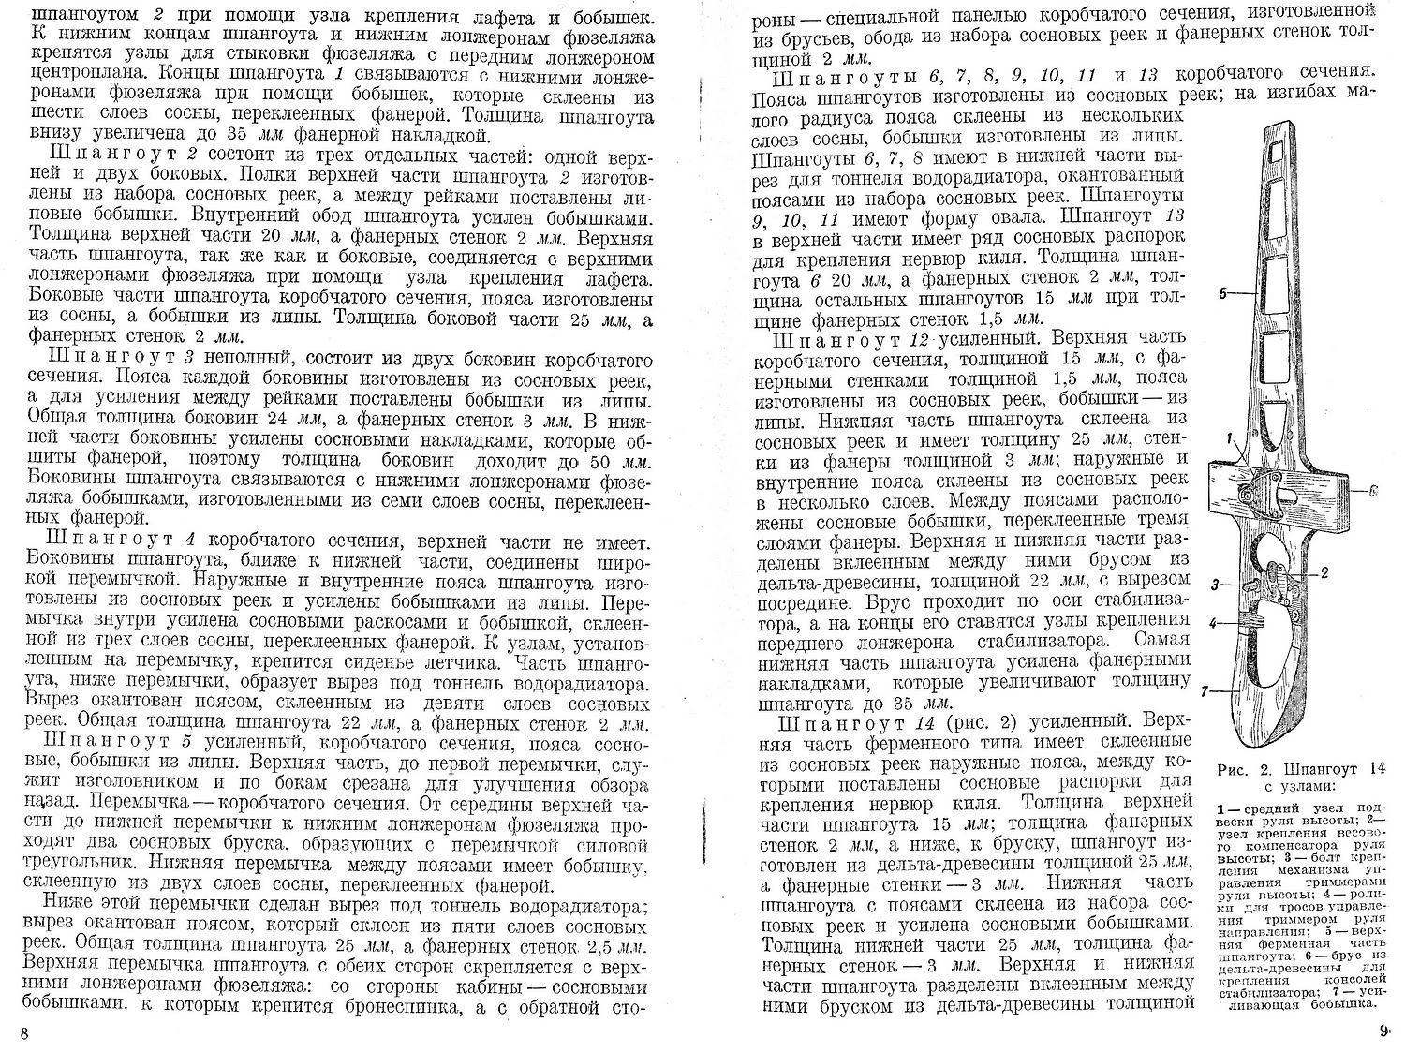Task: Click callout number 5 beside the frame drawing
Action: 1224,293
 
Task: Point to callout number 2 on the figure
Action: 1325,570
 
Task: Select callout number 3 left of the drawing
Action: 1215,585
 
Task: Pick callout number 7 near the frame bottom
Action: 1206,691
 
